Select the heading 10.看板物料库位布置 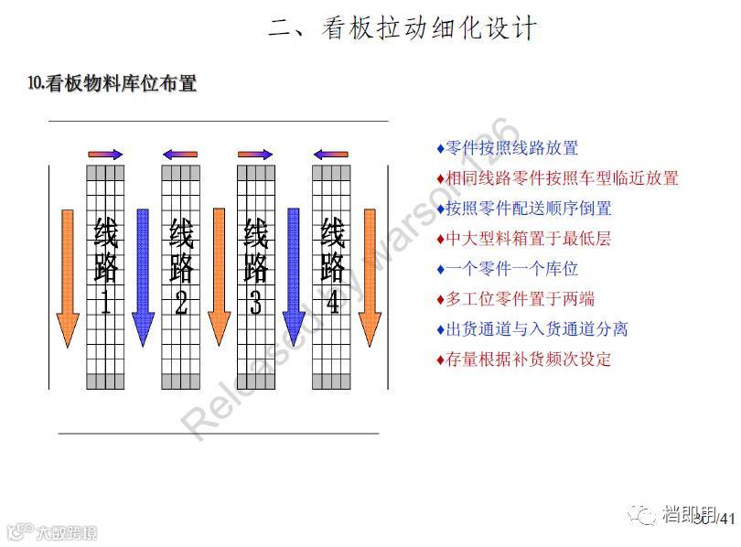click(x=113, y=84)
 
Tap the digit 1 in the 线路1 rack click(x=105, y=303)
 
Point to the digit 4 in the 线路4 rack click(x=332, y=303)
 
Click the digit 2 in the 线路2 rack click(x=181, y=303)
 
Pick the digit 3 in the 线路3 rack click(x=256, y=303)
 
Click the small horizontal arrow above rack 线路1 click(x=105, y=155)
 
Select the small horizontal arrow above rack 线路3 click(x=255, y=155)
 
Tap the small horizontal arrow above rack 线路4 click(x=330, y=155)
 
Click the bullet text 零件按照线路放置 click(x=511, y=148)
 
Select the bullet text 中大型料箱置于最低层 click(x=528, y=239)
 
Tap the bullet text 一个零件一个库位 click(x=511, y=269)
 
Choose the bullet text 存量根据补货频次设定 click(x=528, y=359)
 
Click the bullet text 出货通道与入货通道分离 click(x=536, y=329)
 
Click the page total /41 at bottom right click(x=726, y=520)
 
